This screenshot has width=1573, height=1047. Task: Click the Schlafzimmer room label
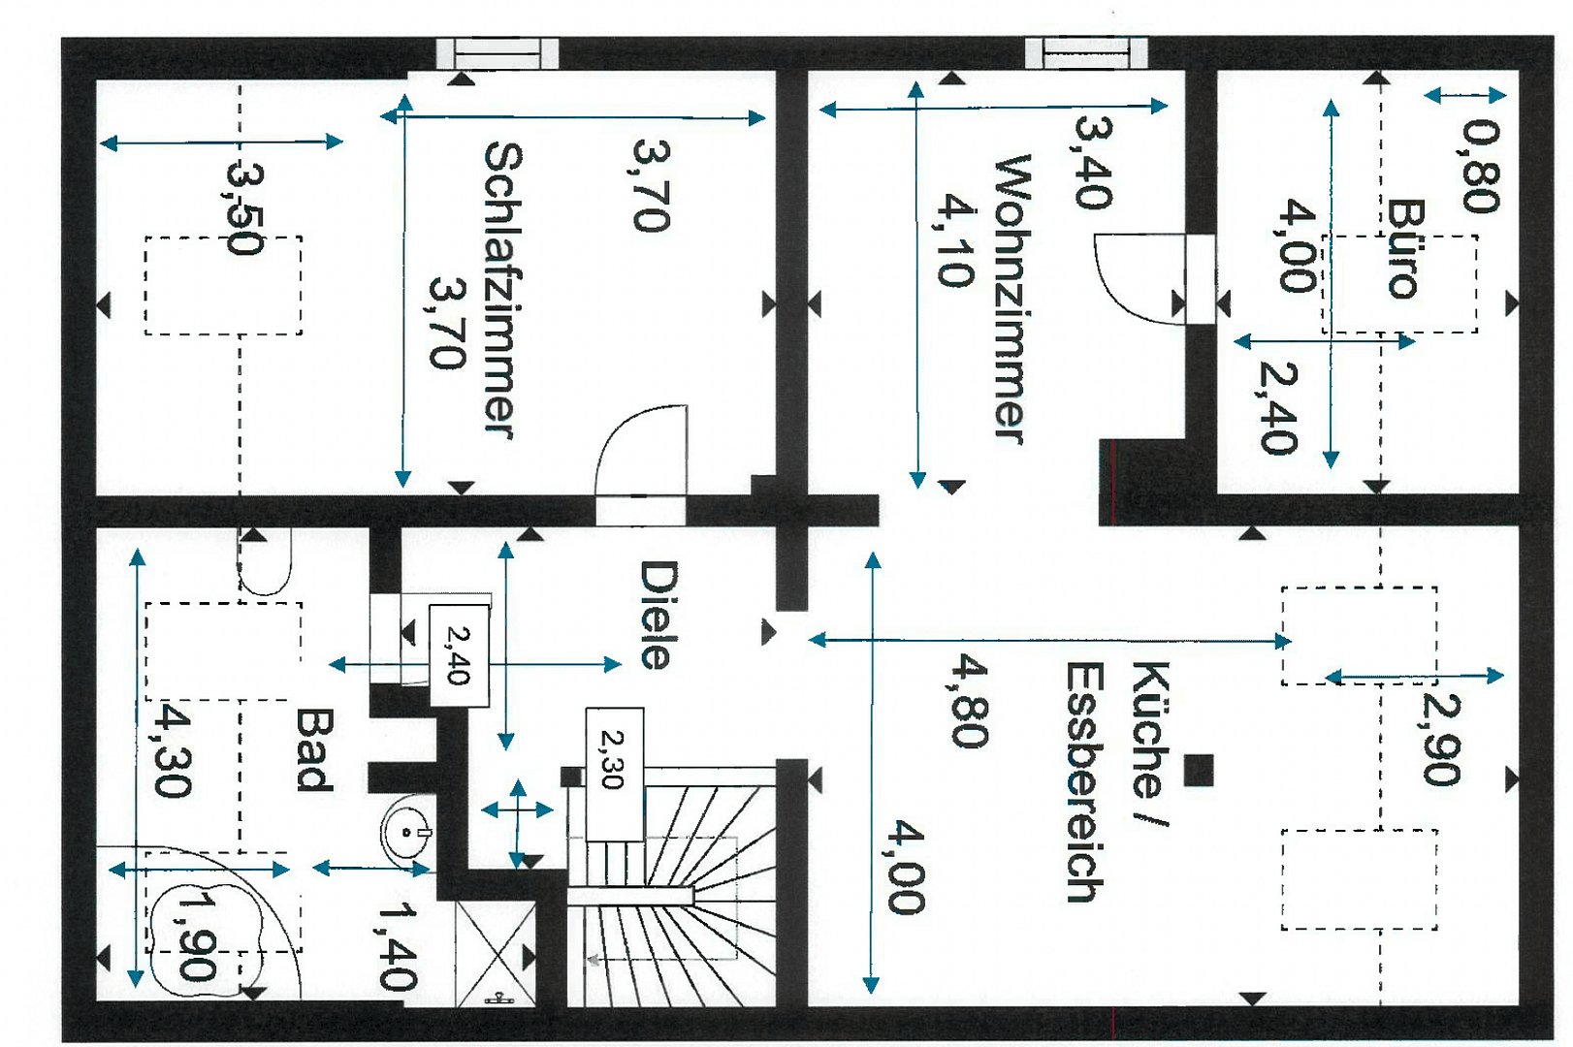pyautogui.click(x=502, y=291)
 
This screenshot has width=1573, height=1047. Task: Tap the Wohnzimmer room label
pyautogui.click(x=1011, y=299)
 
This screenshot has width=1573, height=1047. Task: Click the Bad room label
pyautogui.click(x=315, y=749)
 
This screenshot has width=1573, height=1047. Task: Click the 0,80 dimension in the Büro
pyautogui.click(x=1482, y=166)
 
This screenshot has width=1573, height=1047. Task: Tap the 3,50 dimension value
pyautogui.click(x=244, y=207)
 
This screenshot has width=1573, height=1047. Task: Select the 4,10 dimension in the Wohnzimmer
pyautogui.click(x=955, y=240)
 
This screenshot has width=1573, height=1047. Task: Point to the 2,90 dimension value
pyautogui.click(x=1441, y=738)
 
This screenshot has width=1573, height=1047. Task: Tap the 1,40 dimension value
pyautogui.click(x=397, y=945)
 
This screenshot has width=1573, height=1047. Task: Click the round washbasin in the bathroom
pyautogui.click(x=407, y=831)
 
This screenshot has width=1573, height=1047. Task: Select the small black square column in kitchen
pyautogui.click(x=1199, y=770)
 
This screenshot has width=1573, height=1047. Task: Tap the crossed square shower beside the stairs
pyautogui.click(x=496, y=954)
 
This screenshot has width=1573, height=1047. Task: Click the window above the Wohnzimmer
pyautogui.click(x=1086, y=52)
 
